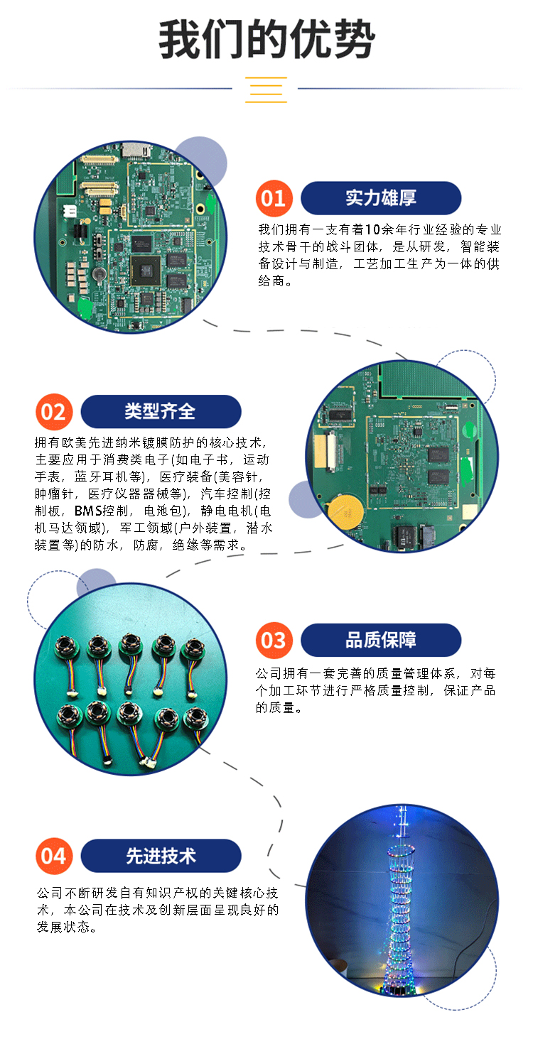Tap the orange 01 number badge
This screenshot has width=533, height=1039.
tap(274, 199)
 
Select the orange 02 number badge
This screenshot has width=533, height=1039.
tap(54, 412)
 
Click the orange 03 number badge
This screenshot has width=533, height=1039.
tap(274, 640)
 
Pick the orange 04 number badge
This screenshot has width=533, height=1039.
tap(54, 856)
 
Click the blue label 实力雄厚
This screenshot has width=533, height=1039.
tap(381, 198)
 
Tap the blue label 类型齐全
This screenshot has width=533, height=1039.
tap(161, 411)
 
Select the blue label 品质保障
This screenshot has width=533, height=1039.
tap(381, 640)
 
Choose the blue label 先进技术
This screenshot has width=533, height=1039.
tap(161, 856)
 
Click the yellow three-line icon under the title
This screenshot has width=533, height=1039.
tap(266, 89)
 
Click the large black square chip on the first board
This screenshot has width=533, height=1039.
tap(145, 271)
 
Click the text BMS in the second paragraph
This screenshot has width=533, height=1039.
tap(87, 511)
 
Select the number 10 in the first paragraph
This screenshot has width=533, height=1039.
tap(372, 229)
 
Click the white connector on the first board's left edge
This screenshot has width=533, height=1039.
tap(70, 211)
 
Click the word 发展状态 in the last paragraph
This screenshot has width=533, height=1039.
tap(63, 927)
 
